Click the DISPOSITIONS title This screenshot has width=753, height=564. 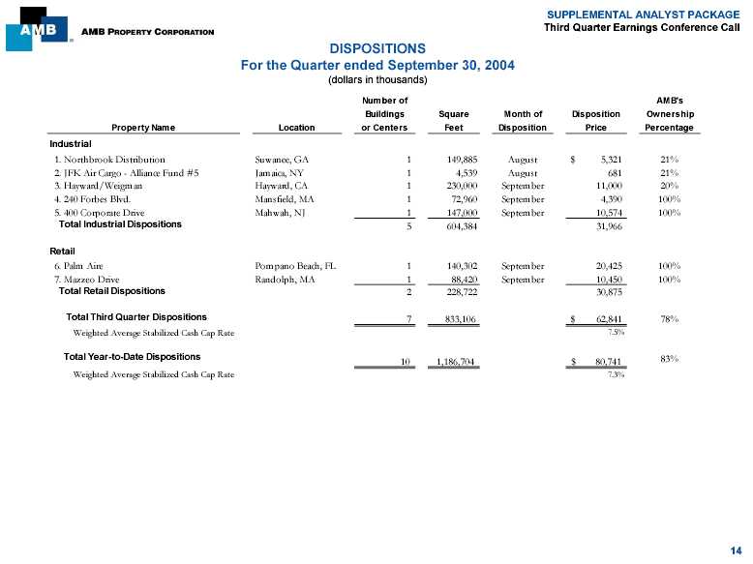[x=376, y=47]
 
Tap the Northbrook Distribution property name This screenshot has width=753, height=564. [x=109, y=159]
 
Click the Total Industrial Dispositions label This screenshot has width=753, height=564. [x=120, y=224]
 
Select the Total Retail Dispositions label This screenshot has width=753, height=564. [x=112, y=290]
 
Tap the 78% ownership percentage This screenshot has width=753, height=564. [x=668, y=317]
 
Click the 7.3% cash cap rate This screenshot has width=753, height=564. [x=615, y=374]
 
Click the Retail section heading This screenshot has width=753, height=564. [x=63, y=251]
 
